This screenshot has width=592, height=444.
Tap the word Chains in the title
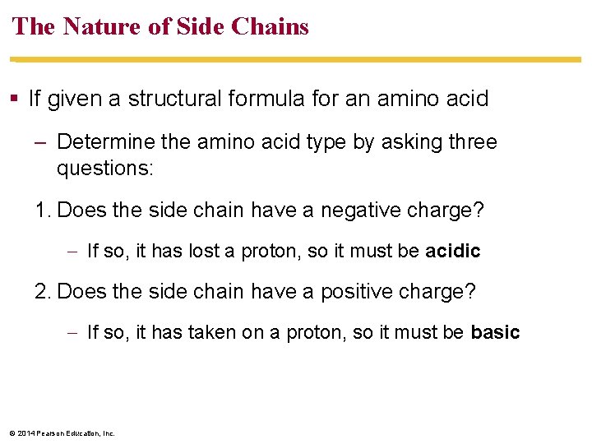click(x=271, y=26)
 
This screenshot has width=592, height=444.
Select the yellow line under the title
click(x=296, y=60)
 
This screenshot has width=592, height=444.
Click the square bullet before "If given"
click(x=16, y=99)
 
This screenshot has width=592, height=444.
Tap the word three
click(x=469, y=142)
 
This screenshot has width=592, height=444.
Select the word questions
click(x=105, y=169)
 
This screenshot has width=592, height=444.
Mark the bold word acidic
click(x=453, y=251)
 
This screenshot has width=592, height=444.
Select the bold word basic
click(x=495, y=332)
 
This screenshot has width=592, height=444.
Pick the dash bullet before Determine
click(x=41, y=142)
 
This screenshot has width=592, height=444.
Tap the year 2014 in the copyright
click(x=25, y=433)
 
